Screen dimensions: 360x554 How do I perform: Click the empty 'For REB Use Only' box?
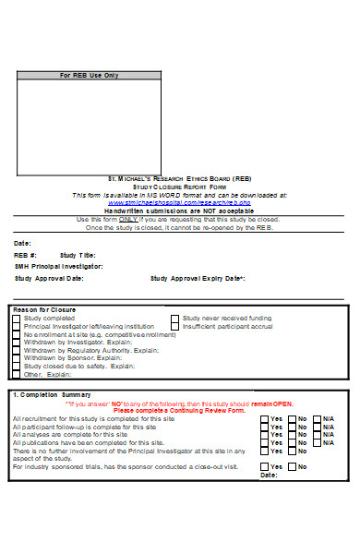click(90, 125)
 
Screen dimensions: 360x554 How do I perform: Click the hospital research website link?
click(179, 202)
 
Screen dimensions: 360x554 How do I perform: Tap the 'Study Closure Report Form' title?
click(179, 187)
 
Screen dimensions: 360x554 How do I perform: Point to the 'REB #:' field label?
click(25, 255)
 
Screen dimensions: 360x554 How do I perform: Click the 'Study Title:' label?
click(78, 255)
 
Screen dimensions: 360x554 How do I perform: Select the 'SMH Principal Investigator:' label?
click(58, 266)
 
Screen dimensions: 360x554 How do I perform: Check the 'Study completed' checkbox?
click(16, 318)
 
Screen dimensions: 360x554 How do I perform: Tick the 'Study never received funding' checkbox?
click(174, 318)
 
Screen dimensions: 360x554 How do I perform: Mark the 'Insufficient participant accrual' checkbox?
click(174, 326)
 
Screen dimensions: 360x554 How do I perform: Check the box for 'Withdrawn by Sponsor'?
click(16, 358)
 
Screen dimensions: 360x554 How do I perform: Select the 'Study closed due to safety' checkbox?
click(16, 367)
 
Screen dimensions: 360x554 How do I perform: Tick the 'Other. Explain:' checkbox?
click(16, 375)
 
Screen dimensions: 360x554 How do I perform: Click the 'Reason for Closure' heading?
click(45, 309)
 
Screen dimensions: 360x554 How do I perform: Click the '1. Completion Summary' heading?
click(47, 394)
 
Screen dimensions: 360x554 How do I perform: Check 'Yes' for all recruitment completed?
click(265, 418)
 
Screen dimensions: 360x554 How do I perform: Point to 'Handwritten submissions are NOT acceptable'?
click(179, 211)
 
